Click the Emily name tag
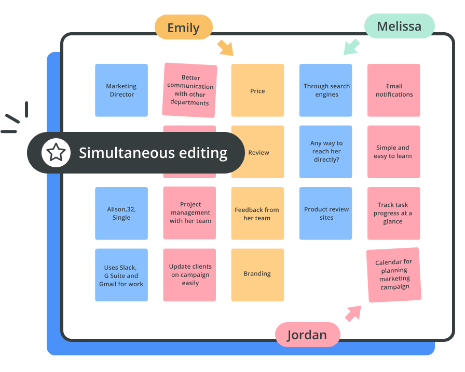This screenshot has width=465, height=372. (x=184, y=28)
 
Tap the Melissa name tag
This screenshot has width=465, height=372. (x=399, y=26)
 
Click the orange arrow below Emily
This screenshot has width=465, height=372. (x=225, y=47)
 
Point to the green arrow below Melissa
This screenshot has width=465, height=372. (x=352, y=47)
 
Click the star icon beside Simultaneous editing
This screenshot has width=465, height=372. (x=56, y=153)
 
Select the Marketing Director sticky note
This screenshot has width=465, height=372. (x=121, y=90)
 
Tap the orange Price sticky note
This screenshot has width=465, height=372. (x=257, y=90)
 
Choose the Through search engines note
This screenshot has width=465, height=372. (x=326, y=90)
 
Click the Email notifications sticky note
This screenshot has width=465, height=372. (x=394, y=90)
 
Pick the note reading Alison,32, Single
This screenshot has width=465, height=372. (x=121, y=213)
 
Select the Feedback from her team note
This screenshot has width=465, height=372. (x=257, y=214)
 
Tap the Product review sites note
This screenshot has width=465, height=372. (x=326, y=213)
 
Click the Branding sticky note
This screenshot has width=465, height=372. (x=257, y=274)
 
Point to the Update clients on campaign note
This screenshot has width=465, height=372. (x=190, y=275)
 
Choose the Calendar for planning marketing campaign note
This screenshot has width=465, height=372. (x=394, y=275)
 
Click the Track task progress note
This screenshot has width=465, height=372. (x=394, y=213)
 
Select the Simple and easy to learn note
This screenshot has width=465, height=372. (x=394, y=152)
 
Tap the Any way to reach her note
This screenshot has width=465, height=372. (x=326, y=152)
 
